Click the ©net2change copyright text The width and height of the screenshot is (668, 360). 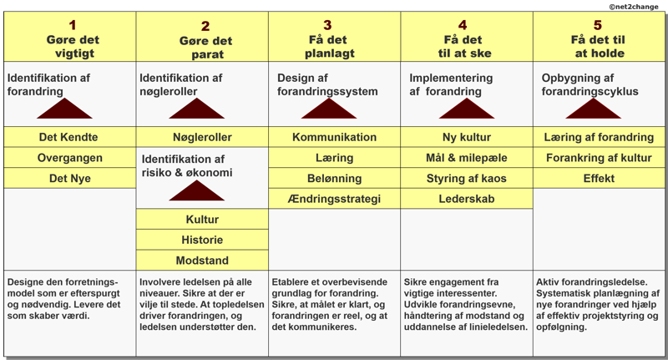click(634, 7)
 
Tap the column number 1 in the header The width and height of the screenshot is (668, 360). click(73, 25)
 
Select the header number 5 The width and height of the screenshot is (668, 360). click(598, 25)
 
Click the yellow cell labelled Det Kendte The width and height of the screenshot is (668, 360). click(70, 137)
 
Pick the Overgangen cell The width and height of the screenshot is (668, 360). click(70, 158)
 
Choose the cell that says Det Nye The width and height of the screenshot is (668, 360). click(70, 178)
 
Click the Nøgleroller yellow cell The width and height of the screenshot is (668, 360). click(202, 137)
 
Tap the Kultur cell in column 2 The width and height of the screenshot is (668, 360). click(202, 220)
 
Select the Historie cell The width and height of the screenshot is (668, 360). click(202, 240)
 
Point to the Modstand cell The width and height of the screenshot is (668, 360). click(202, 261)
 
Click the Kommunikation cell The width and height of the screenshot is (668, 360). click(335, 137)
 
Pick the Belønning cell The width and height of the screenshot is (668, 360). click(335, 178)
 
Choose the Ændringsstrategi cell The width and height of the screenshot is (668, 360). click(335, 199)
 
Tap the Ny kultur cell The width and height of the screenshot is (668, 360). click(467, 137)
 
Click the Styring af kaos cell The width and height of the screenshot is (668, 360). click(467, 178)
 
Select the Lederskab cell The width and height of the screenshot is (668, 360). click(467, 199)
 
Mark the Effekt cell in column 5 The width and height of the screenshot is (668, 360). click(599, 178)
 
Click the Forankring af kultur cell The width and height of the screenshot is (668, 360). click(599, 158)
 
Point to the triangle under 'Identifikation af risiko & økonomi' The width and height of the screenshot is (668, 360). click(197, 193)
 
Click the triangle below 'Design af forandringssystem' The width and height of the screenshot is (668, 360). click(329, 110)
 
